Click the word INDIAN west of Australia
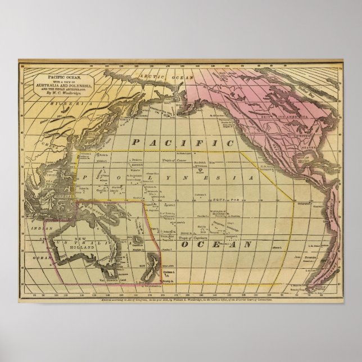(38, 229)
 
